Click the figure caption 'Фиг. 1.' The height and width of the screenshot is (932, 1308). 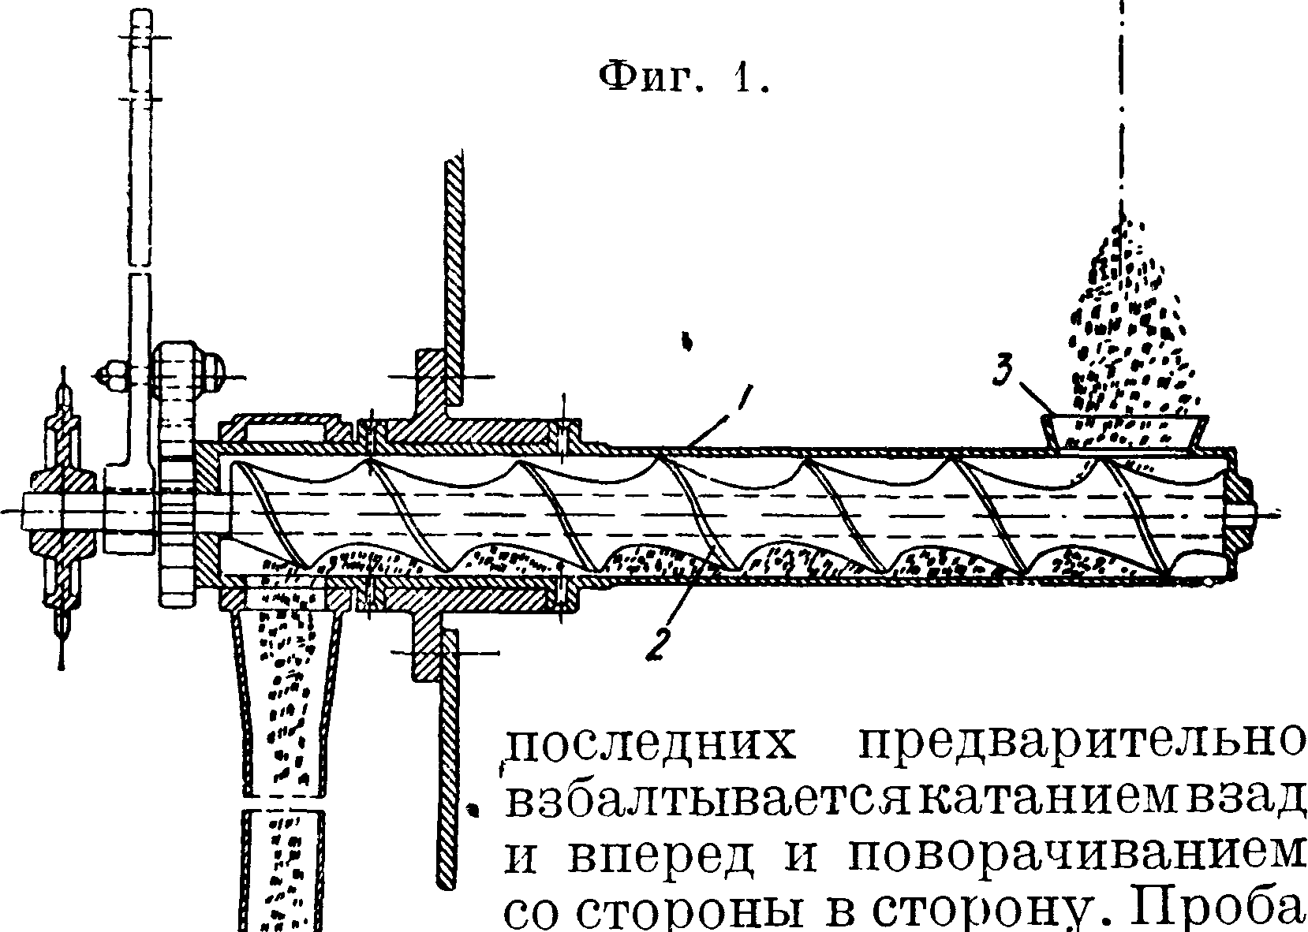(x=683, y=78)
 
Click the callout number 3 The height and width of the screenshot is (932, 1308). (x=1004, y=371)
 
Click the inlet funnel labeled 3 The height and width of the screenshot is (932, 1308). (x=1126, y=431)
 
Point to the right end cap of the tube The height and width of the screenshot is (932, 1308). (x=1239, y=513)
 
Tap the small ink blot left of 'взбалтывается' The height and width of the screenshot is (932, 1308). (x=474, y=808)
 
